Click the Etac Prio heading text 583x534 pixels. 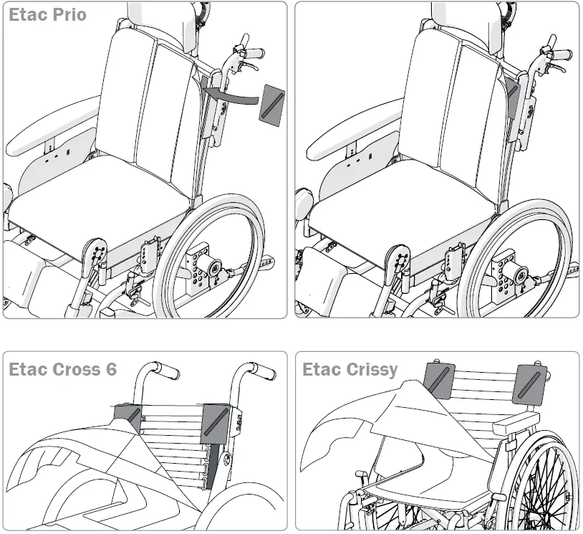tap(47, 15)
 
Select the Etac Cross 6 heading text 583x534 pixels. tap(62, 370)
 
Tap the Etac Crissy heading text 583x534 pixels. tap(350, 370)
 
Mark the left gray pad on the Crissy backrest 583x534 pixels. tap(440, 381)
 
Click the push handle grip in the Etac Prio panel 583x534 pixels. tap(251, 54)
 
